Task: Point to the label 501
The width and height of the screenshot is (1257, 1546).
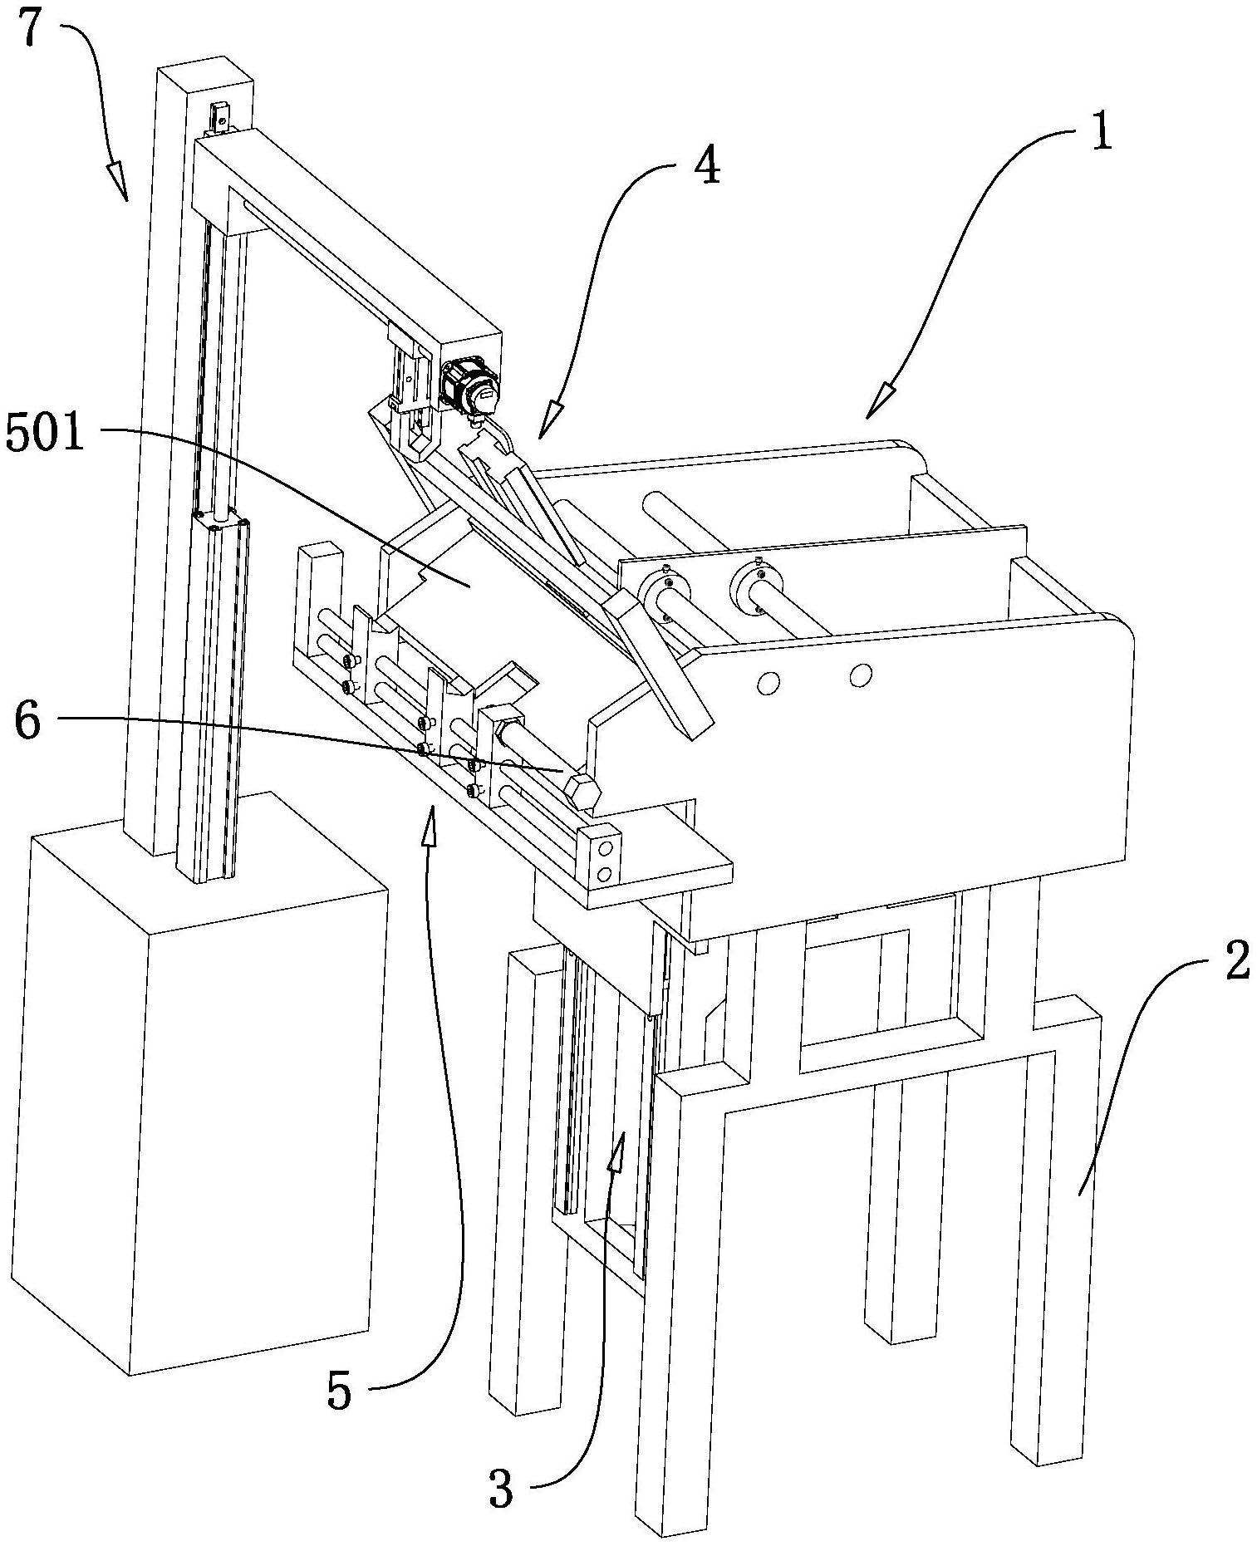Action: [x=47, y=434]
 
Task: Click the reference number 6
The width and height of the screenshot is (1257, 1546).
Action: [x=27, y=721]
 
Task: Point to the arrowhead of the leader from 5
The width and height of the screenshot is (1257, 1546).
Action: [x=430, y=827]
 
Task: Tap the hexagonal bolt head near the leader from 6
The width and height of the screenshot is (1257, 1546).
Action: [x=582, y=792]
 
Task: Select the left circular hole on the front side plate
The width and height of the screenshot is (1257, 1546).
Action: [x=768, y=682]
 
